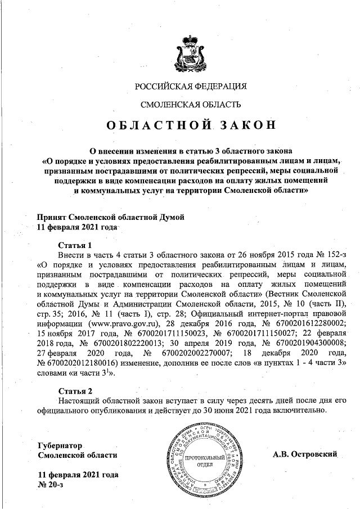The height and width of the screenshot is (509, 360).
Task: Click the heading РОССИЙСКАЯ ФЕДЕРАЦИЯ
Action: (191, 86)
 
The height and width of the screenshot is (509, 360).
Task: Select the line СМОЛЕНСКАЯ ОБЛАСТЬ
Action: (191, 104)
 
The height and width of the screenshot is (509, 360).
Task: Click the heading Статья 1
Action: (75, 245)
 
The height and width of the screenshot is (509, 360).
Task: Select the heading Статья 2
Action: (75, 390)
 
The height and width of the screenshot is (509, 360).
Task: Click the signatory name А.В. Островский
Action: (304, 454)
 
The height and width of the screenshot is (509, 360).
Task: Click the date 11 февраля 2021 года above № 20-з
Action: (77, 475)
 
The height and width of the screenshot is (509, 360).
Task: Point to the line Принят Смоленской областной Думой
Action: (110, 217)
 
